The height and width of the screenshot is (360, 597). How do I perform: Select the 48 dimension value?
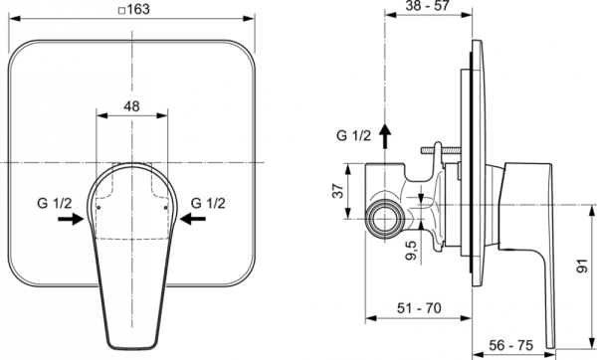[131, 106]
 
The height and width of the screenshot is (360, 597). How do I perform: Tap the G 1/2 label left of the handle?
[54, 203]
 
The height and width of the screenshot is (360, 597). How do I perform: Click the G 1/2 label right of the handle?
[208, 203]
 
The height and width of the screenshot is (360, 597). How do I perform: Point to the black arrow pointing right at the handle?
[71, 219]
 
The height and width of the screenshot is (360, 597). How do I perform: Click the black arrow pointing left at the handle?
[193, 219]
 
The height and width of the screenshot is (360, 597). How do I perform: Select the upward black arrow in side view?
[385, 136]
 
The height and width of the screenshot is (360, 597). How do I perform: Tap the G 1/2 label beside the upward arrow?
[353, 135]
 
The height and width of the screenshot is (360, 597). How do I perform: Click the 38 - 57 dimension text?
[428, 6]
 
